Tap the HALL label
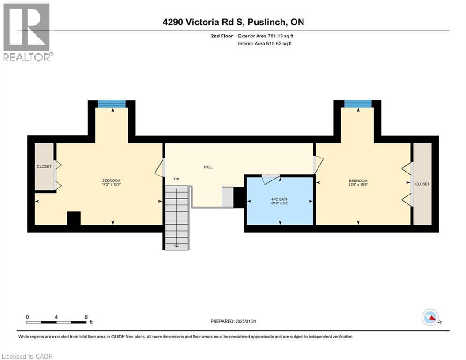(x=208, y=167)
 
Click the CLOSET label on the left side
(x=44, y=166)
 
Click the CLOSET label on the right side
(x=422, y=184)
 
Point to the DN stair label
(x=177, y=179)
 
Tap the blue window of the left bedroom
(x=111, y=104)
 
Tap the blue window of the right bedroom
(x=358, y=104)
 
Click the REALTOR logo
(x=27, y=31)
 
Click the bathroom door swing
(x=271, y=179)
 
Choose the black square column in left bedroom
(x=74, y=219)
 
